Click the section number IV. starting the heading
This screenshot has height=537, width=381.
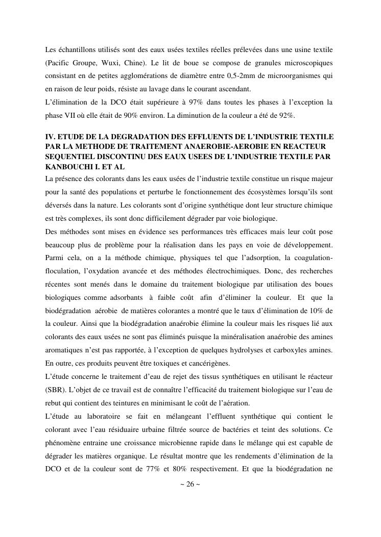[50, 138]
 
